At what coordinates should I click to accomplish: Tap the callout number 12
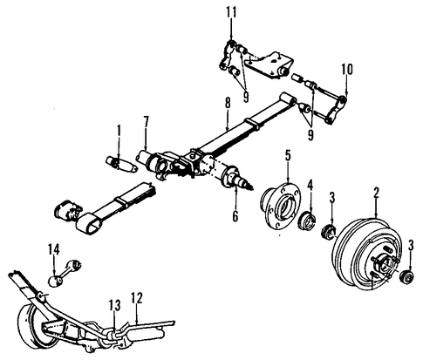click(x=136, y=297)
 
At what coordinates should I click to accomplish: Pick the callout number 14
click(x=53, y=250)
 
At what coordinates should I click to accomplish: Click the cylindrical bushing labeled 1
click(x=118, y=163)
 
